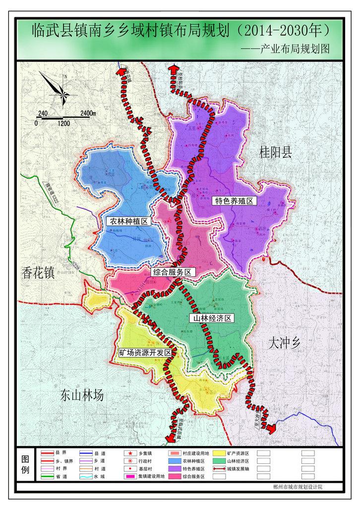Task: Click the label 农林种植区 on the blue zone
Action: pyautogui.click(x=128, y=222)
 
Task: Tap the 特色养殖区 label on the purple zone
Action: pyautogui.click(x=234, y=201)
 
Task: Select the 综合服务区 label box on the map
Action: pyautogui.click(x=172, y=272)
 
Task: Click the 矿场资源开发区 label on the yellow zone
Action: pyautogui.click(x=145, y=353)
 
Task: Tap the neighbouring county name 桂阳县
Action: pyautogui.click(x=275, y=153)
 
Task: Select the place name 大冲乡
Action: pyautogui.click(x=287, y=342)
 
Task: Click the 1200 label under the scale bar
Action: pyautogui.click(x=63, y=123)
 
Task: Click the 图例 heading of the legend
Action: pyautogui.click(x=25, y=464)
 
